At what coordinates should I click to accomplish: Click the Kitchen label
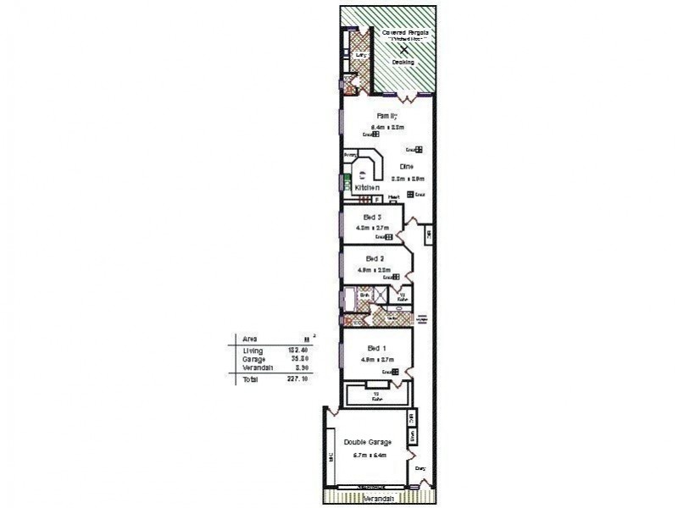tap(367, 186)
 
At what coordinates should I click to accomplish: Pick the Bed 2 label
tap(375, 257)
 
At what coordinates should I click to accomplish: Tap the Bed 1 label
tap(375, 350)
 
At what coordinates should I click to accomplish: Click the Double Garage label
tap(366, 443)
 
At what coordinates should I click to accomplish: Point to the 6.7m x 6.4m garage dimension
tap(366, 456)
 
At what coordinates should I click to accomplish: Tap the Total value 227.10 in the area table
tap(295, 380)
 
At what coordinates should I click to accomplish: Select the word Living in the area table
tap(252, 350)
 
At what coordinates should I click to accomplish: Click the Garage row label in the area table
tap(253, 359)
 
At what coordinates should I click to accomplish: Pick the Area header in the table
tap(250, 339)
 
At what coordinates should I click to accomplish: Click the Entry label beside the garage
tap(419, 467)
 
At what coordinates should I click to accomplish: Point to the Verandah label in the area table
tap(256, 368)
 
